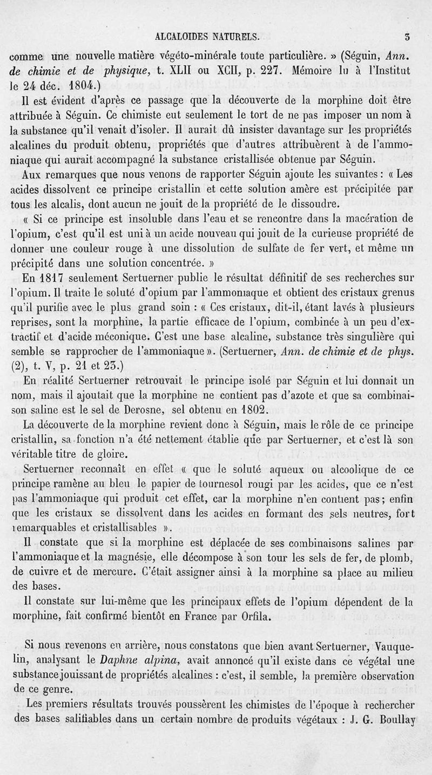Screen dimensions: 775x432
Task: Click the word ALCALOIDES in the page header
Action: point(182,38)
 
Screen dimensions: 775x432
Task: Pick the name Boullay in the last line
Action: point(396,719)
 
